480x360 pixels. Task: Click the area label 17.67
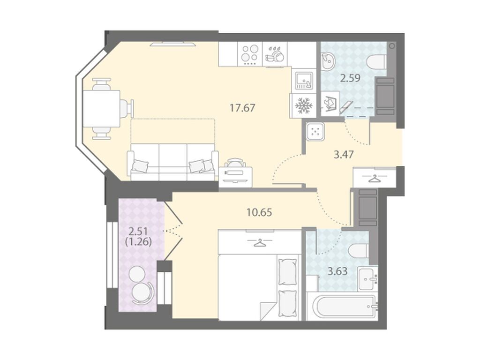click(242, 108)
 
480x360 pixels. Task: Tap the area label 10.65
click(259, 212)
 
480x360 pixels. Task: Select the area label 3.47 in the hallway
click(344, 155)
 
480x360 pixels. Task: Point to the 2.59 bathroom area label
click(351, 78)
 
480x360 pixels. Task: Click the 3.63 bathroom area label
click(337, 271)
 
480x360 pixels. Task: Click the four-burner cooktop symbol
click(249, 54)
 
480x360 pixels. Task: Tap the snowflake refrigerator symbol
click(303, 106)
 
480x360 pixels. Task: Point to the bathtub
click(342, 307)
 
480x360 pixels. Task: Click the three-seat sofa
click(172, 162)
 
